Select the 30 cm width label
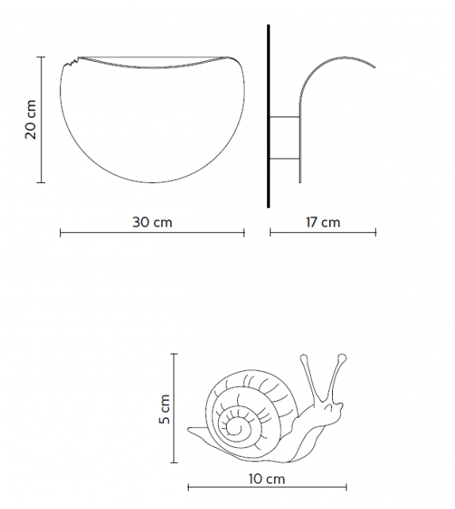(152, 222)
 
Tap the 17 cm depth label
(323, 222)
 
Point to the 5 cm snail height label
(165, 409)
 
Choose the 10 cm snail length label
(266, 479)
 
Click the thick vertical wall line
(269, 116)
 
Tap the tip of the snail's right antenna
(340, 358)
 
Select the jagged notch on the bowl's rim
(71, 60)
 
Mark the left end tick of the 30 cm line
(61, 232)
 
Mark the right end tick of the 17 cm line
(376, 232)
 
